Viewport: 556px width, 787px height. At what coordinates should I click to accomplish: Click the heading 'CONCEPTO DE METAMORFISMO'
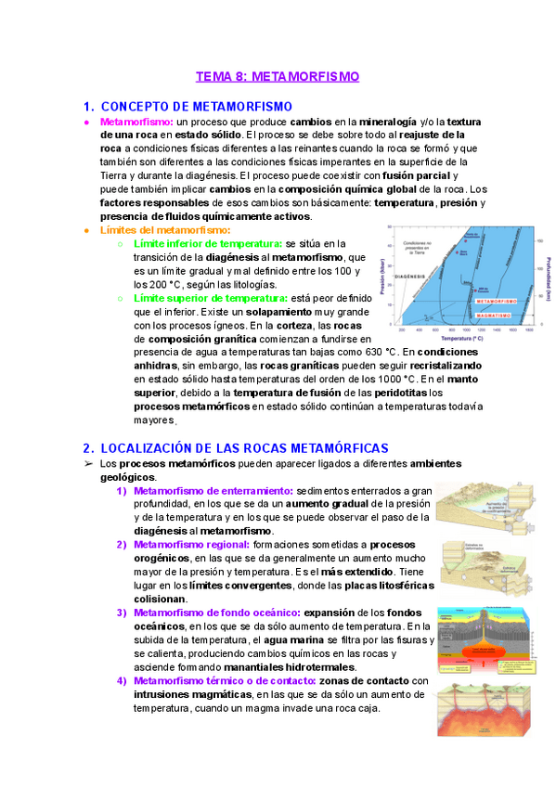click(196, 107)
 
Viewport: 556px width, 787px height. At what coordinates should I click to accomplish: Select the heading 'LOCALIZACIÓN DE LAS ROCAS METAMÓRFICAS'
click(243, 447)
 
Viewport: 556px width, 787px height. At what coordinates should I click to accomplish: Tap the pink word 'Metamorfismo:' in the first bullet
click(136, 122)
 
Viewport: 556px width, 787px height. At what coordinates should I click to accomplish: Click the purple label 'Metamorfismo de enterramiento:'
click(213, 490)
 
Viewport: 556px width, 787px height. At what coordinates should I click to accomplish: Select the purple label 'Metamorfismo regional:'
click(191, 544)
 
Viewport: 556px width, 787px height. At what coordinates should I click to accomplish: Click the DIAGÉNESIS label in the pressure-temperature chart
click(408, 276)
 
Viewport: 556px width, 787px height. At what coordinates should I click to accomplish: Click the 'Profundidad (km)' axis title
click(549, 277)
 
